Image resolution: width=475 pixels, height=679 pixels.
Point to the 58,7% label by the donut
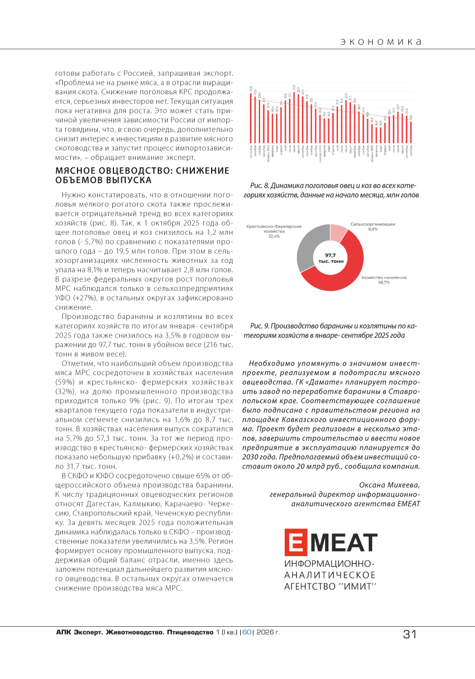(x=384, y=282)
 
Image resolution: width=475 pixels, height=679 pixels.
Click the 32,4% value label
(x=274, y=236)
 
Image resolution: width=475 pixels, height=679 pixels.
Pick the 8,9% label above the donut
(x=373, y=229)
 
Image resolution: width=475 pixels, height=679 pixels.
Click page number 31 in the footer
(x=409, y=634)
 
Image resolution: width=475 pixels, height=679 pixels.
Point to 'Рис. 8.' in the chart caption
(x=258, y=185)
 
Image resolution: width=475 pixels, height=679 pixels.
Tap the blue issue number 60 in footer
(x=247, y=632)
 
